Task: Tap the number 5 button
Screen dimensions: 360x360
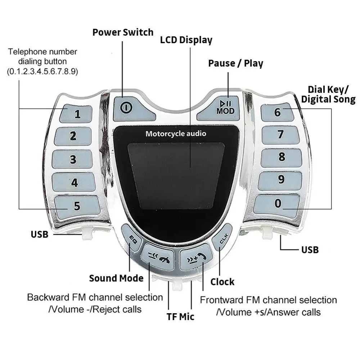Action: [77, 206]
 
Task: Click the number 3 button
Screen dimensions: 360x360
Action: [73, 159]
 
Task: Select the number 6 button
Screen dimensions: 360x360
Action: [278, 112]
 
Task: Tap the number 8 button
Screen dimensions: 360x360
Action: [282, 157]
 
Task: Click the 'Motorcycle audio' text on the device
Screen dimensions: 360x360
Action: [176, 134]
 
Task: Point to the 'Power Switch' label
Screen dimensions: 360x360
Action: [123, 32]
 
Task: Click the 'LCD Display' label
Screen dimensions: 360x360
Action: [186, 40]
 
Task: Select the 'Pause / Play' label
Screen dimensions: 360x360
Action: [236, 64]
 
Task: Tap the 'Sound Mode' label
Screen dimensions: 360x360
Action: [116, 278]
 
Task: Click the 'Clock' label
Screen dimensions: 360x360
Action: [222, 282]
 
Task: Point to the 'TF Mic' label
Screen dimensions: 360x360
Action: [180, 317]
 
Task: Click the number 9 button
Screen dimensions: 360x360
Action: [281, 179]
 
